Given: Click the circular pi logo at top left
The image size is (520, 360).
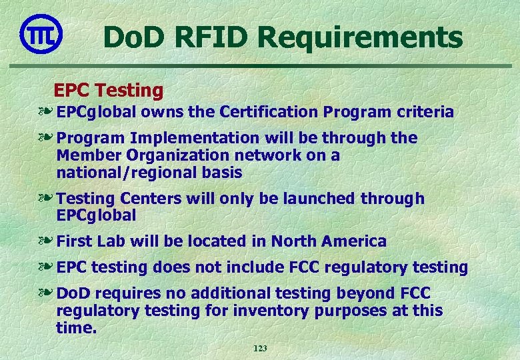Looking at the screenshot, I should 41,34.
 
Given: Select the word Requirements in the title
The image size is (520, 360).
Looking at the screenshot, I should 361,37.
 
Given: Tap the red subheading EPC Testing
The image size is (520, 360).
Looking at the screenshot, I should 108,90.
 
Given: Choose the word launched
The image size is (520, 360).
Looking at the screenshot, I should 318,199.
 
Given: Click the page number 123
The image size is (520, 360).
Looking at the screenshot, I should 260,349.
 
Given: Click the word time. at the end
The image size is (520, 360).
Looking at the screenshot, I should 77,328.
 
